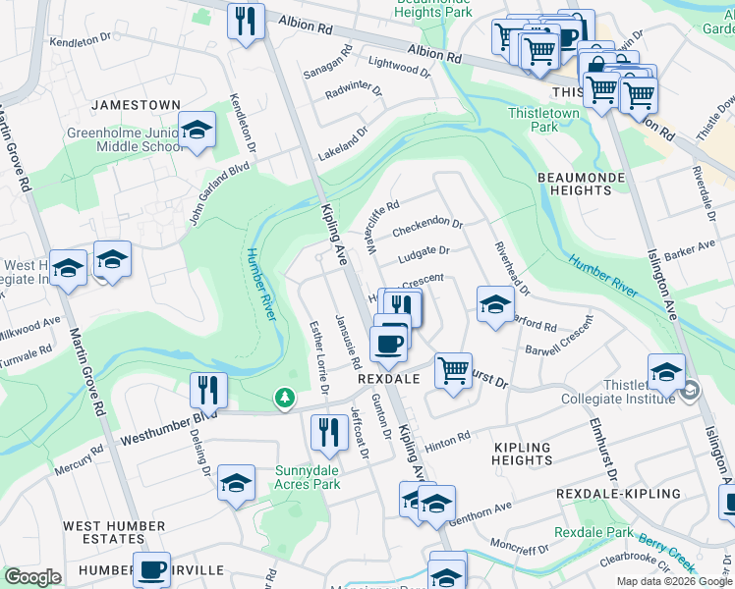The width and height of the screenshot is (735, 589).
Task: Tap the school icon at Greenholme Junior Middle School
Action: pyautogui.click(x=197, y=131)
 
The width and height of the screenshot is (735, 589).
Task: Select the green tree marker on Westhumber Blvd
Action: pyautogui.click(x=284, y=398)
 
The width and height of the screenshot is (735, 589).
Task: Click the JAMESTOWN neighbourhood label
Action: pyautogui.click(x=137, y=105)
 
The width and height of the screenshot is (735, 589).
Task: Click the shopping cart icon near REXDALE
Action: pyautogui.click(x=453, y=371)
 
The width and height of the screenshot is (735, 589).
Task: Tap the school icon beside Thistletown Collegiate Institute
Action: pyautogui.click(x=666, y=372)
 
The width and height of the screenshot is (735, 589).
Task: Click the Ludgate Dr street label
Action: pyautogui.click(x=424, y=255)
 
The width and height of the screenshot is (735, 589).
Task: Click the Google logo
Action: pyautogui.click(x=32, y=577)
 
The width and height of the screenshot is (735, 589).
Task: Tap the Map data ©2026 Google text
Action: pyautogui.click(x=674, y=581)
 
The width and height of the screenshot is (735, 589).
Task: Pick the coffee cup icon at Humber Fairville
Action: pyautogui.click(x=151, y=569)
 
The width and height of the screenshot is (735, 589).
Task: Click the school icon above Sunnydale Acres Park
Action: pyautogui.click(x=236, y=483)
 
